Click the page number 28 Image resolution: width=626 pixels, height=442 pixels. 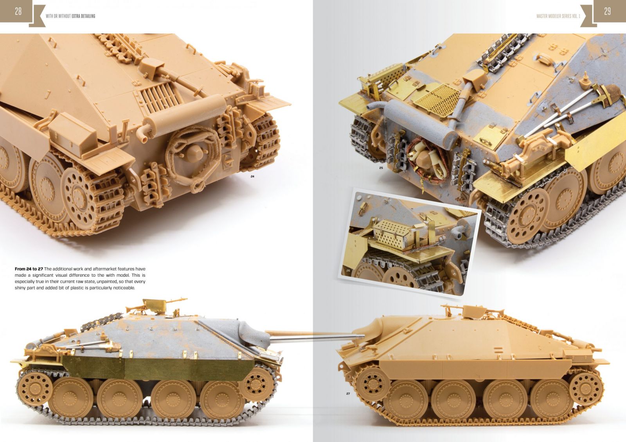18,11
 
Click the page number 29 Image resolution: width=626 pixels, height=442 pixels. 607,11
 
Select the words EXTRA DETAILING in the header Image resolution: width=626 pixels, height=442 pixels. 83,16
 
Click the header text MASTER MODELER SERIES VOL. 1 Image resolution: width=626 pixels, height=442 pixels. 558,16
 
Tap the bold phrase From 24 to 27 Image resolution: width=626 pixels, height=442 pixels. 29,269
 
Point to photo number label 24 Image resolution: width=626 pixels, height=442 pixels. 252,177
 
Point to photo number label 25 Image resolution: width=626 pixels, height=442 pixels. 381,168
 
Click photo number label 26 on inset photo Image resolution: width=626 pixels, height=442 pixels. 348,270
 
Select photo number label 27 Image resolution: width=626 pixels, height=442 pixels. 348,394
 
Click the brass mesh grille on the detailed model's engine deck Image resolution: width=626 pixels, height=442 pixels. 437,98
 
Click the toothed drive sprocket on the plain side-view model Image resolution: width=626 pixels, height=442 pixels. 372,384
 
